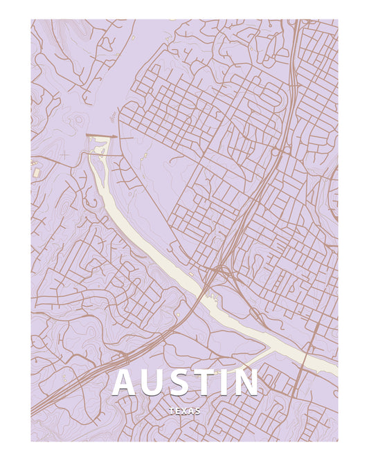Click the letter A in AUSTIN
[126, 383]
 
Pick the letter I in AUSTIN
[227, 383]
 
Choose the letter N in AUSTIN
[246, 383]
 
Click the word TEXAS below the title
[184, 411]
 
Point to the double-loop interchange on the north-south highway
[280, 150]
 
